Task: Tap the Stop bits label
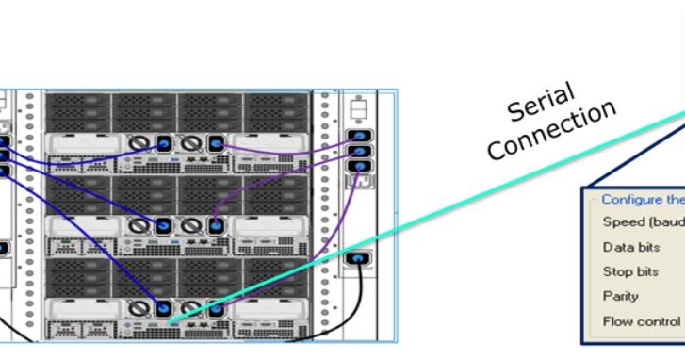point(630,271)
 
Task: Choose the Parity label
point(621,296)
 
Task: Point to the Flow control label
point(642,320)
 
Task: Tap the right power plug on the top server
point(216,144)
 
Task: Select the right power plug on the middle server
point(216,226)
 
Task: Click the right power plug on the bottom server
point(216,307)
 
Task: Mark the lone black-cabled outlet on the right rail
point(358,257)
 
